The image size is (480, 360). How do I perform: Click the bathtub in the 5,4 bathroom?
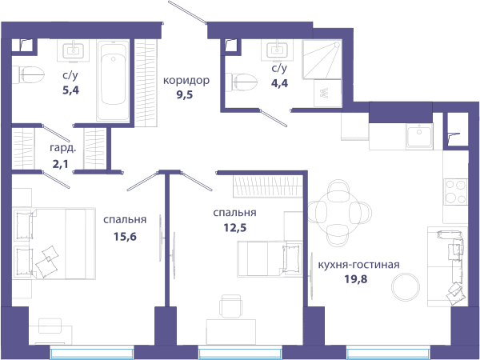point(113,81)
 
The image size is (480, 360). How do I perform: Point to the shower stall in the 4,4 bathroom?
point(322,59)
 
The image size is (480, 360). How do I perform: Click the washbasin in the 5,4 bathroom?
point(73,50)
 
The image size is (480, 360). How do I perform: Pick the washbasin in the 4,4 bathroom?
point(277,50)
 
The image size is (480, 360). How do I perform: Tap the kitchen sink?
point(419,136)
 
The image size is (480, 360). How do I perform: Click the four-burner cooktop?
point(455,192)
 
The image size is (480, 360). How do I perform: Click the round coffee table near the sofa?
point(406,287)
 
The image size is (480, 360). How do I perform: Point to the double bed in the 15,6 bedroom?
point(54,244)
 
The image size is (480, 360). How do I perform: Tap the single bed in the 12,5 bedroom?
point(270,259)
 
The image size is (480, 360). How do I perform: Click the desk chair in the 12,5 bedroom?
point(231,306)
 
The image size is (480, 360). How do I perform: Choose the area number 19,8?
point(356,279)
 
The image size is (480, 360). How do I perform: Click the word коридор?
point(186,81)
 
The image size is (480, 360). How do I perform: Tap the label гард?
point(63,149)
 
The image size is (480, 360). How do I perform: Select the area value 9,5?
point(184,94)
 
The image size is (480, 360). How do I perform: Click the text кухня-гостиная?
point(358,265)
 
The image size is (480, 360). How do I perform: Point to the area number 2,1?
point(60,164)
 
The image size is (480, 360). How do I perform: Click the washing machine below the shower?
point(328,93)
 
